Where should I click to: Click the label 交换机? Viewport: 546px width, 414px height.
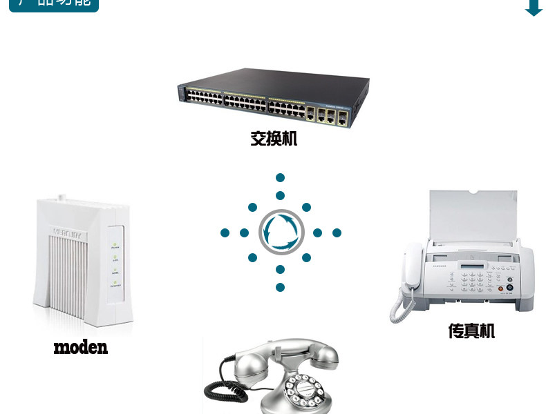pyautogui.click(x=274, y=139)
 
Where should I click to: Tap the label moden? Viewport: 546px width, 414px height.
pyautogui.click(x=80, y=346)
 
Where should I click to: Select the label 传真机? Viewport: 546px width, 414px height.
pyautogui.click(x=471, y=331)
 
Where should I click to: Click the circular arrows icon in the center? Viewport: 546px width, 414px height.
pyautogui.click(x=281, y=233)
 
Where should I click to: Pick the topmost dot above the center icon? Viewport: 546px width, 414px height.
pyautogui.click(x=280, y=177)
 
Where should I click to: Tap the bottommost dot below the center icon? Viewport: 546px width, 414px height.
pyautogui.click(x=280, y=287)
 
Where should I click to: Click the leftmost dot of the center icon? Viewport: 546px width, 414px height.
pyautogui.click(x=225, y=233)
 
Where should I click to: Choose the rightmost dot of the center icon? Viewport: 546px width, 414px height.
pyautogui.click(x=337, y=233)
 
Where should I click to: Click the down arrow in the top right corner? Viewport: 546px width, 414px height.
pyautogui.click(x=534, y=8)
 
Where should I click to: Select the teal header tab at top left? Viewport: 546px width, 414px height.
pyautogui.click(x=53, y=5)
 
